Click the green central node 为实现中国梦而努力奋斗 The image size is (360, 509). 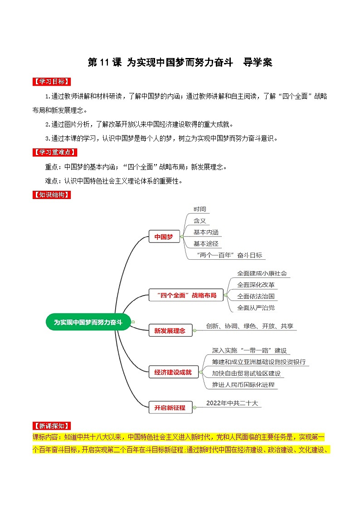(88, 322)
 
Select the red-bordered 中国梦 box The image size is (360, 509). (164, 237)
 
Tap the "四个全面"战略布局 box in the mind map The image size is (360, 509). (183, 296)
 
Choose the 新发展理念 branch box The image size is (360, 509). (170, 330)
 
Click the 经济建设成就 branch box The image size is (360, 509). (170, 373)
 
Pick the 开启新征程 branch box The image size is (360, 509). (170, 407)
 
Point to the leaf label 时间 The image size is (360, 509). (199, 209)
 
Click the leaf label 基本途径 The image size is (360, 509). (206, 243)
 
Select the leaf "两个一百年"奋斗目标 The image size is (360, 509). (230, 255)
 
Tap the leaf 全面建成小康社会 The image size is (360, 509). (262, 274)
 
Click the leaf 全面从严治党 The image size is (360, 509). (256, 308)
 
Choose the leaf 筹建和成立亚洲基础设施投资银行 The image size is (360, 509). (258, 362)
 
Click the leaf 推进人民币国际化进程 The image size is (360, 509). (243, 385)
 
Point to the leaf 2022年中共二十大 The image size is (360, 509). (232, 402)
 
